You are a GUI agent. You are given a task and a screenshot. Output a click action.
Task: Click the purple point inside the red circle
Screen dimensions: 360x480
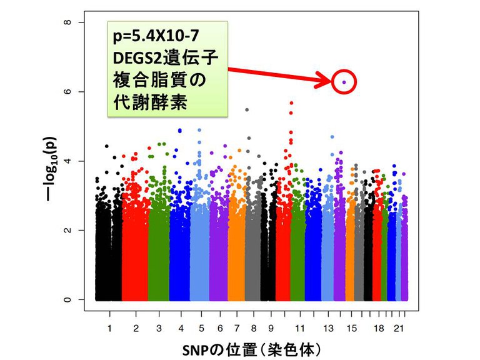(x=344, y=82)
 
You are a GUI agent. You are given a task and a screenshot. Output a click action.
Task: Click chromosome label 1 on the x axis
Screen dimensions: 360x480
(x=109, y=326)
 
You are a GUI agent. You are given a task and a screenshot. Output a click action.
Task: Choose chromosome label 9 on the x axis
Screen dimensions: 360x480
(x=271, y=326)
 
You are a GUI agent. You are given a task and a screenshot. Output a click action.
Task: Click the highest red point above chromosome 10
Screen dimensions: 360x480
(x=291, y=102)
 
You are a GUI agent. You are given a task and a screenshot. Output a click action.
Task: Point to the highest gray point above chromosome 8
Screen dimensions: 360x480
(x=247, y=110)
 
